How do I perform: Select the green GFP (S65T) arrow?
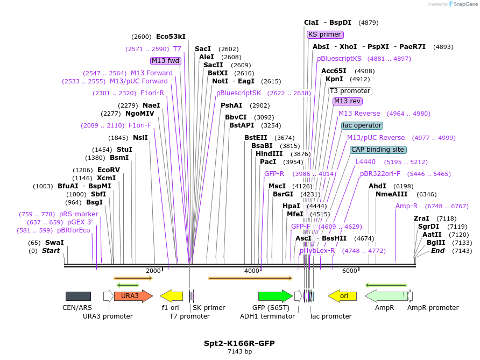pyautogui.click(x=275, y=296)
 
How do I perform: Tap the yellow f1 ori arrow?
pyautogui.click(x=172, y=296)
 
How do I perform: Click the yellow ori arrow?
pyautogui.click(x=342, y=296)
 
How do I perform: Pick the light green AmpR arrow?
pyautogui.click(x=385, y=296)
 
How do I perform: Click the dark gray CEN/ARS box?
pyautogui.click(x=78, y=296)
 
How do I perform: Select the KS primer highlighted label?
pyautogui.click(x=325, y=34)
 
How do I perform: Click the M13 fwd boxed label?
pyautogui.click(x=165, y=61)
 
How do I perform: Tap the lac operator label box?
pyautogui.click(x=362, y=125)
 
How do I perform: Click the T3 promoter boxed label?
pyautogui.click(x=350, y=91)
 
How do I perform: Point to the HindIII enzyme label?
pyautogui.click(x=269, y=154)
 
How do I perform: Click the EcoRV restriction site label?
pyautogui.click(x=109, y=170)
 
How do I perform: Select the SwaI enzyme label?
pyautogui.click(x=54, y=243)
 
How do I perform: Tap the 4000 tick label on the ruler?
pyautogui.click(x=252, y=271)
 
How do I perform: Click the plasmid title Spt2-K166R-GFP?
pyautogui.click(x=236, y=343)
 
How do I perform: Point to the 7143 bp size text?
pyautogui.click(x=236, y=351)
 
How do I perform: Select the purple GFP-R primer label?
pyautogui.click(x=274, y=174)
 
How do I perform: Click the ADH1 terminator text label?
pyautogui.click(x=267, y=316)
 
